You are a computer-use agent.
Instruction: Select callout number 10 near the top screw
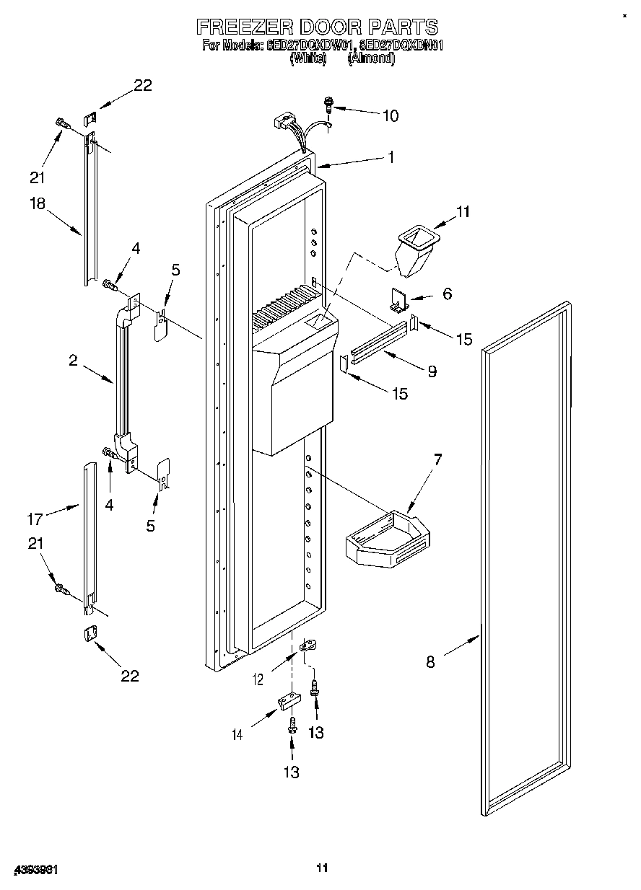click(390, 115)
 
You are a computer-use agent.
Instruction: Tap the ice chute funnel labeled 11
click(416, 250)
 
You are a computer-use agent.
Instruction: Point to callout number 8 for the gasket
click(430, 661)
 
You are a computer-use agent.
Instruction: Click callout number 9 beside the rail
click(432, 371)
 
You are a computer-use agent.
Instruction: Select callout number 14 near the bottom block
click(237, 734)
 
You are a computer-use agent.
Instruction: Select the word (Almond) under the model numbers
click(372, 60)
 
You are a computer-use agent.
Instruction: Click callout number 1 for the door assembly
click(391, 157)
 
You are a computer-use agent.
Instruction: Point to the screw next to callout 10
click(329, 105)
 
